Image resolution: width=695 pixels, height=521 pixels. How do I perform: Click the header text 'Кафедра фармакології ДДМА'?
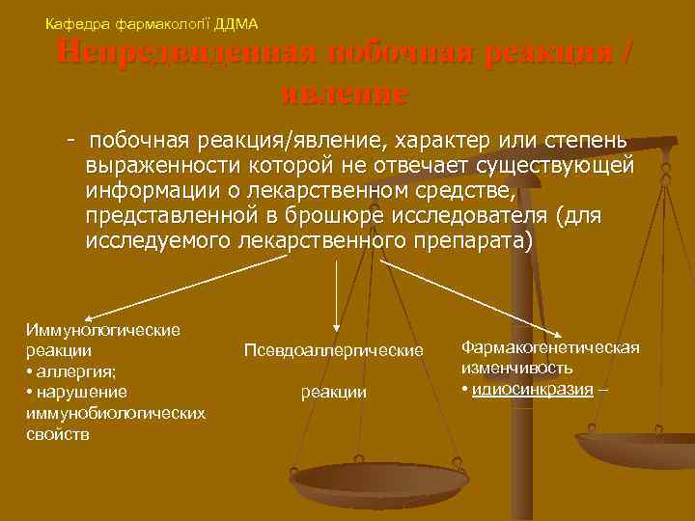click(x=152, y=22)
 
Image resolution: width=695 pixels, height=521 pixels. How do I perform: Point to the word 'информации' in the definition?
click(x=141, y=191)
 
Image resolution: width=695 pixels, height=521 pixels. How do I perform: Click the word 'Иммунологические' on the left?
click(x=102, y=330)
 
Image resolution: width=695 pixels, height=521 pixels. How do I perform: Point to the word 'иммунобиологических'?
click(x=115, y=413)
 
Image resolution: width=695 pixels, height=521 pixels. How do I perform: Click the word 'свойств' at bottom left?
click(x=57, y=434)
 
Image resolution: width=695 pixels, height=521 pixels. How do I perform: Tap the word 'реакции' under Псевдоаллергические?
click(x=334, y=391)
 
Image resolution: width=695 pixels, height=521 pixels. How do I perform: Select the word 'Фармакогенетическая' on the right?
click(x=550, y=347)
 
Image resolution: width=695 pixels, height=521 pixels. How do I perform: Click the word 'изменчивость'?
click(x=516, y=368)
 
